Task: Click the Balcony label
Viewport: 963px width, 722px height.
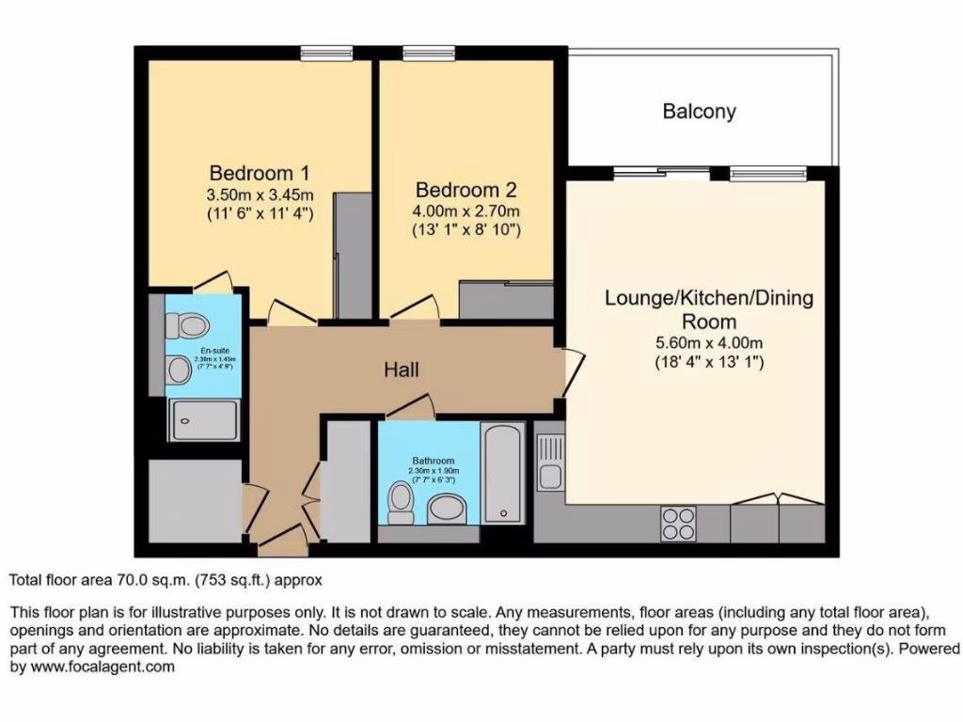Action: (x=699, y=112)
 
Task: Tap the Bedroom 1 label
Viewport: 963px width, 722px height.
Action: (x=260, y=174)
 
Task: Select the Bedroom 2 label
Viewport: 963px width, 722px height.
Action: (x=466, y=188)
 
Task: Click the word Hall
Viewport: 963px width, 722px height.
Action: (x=402, y=370)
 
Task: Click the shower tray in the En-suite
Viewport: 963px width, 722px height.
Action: (x=203, y=419)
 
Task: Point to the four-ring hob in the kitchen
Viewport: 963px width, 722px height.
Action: (x=679, y=524)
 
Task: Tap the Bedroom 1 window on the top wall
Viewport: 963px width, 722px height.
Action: (x=320, y=54)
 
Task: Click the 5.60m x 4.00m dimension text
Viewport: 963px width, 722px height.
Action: (x=708, y=342)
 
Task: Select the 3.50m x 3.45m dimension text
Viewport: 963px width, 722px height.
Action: (x=260, y=195)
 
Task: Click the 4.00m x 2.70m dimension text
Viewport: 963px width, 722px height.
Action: (x=466, y=210)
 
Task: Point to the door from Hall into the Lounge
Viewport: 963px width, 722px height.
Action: (x=573, y=371)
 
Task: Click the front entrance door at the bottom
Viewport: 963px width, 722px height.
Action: (x=282, y=539)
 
